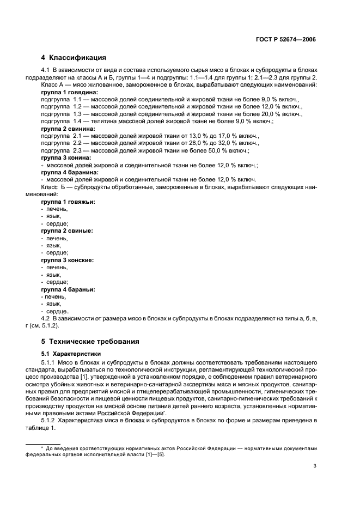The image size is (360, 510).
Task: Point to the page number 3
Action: pos(314,465)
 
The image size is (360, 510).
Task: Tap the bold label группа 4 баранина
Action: pos(66,172)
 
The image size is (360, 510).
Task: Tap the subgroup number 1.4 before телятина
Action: pos(77,122)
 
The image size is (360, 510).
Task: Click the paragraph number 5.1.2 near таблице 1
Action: pos(50,421)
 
